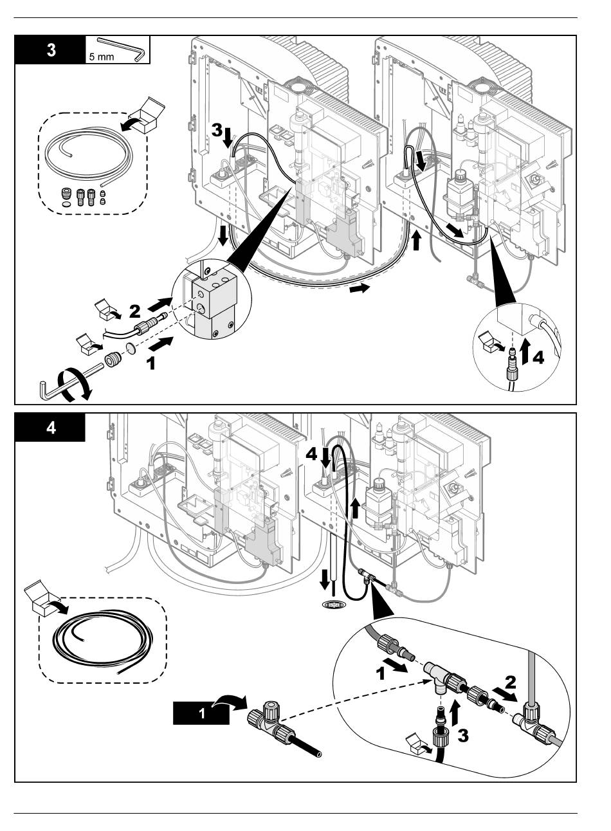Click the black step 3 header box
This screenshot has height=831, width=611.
pyautogui.click(x=50, y=50)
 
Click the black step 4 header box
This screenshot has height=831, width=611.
pyautogui.click(x=50, y=427)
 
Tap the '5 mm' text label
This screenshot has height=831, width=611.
pyautogui.click(x=99, y=57)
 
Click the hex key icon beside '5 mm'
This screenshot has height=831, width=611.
pyautogui.click(x=123, y=49)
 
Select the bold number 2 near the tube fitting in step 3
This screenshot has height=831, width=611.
pyautogui.click(x=134, y=311)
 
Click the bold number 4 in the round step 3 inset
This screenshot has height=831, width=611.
pyautogui.click(x=538, y=358)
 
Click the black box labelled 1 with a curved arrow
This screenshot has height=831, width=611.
pyautogui.click(x=201, y=715)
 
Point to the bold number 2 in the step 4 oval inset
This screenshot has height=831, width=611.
pyautogui.click(x=510, y=680)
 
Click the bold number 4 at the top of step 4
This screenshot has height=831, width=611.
pyautogui.click(x=311, y=454)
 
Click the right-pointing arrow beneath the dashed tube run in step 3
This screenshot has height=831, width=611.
pyautogui.click(x=361, y=289)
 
